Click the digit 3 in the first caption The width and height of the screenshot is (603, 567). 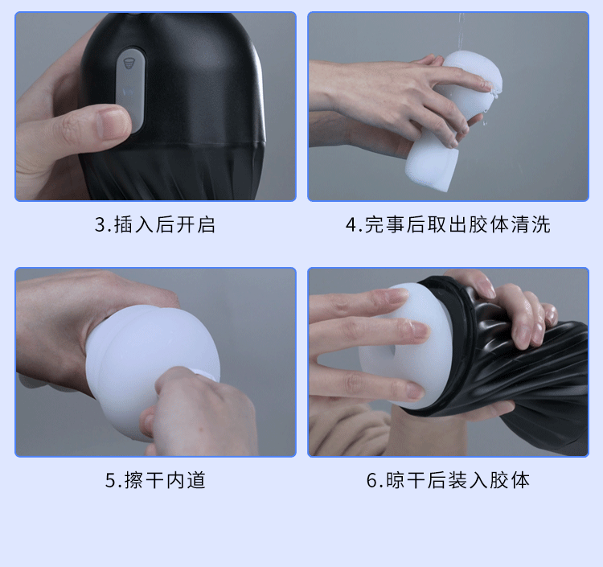click(x=100, y=224)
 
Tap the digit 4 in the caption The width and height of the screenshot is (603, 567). click(x=351, y=224)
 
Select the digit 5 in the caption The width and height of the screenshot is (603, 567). click(x=111, y=481)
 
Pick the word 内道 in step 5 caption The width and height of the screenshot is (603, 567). click(x=186, y=481)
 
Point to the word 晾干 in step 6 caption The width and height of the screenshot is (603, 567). click(x=405, y=481)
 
